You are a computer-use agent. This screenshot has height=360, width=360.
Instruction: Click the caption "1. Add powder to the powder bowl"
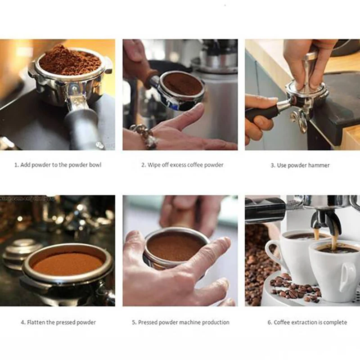[58, 165]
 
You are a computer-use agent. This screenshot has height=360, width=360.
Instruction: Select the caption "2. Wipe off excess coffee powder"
[182, 165]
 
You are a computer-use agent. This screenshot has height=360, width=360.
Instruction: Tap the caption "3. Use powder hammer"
[300, 166]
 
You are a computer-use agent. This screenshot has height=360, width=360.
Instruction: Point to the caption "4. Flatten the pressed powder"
[58, 322]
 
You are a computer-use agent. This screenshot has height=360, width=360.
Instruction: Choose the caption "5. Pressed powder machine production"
[180, 322]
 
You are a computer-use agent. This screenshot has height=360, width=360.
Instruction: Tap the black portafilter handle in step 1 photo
[84, 128]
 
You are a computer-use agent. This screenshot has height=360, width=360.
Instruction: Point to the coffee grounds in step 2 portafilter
[182, 83]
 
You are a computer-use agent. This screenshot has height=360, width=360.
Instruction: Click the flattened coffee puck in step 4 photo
[67, 263]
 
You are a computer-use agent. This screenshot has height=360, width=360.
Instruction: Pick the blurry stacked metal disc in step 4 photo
[18, 252]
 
